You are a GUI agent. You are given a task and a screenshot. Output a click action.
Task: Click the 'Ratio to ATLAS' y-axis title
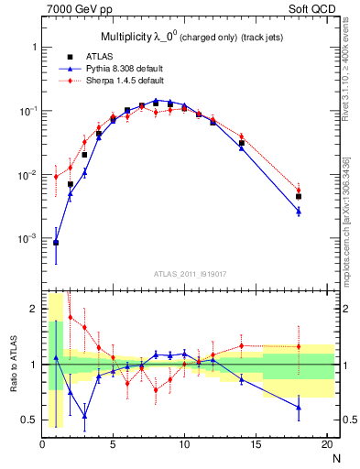click(x=13, y=365)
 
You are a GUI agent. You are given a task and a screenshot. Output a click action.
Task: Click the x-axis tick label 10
click(x=184, y=445)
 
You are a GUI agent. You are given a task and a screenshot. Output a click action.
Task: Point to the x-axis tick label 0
click(x=42, y=445)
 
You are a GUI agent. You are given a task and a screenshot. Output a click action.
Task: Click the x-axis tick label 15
click(x=255, y=445)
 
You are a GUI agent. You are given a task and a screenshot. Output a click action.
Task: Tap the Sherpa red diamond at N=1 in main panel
click(x=56, y=177)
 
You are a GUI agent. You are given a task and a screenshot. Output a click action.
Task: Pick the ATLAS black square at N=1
click(x=56, y=243)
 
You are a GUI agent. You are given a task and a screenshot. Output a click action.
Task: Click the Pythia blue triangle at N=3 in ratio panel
click(x=84, y=415)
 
